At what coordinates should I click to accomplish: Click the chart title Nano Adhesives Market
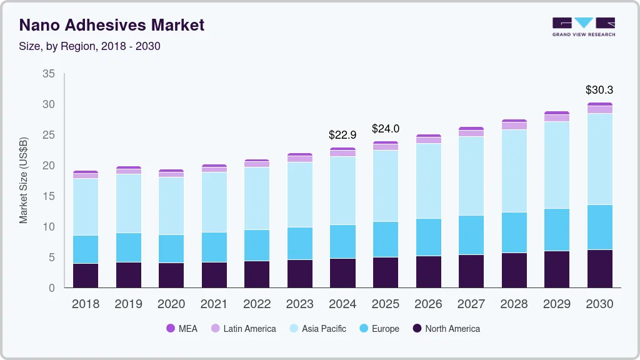pos(112,25)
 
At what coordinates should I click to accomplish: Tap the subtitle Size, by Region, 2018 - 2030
pos(89,46)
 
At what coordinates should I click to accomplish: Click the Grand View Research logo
pos(583,26)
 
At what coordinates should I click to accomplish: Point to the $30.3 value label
pos(599,90)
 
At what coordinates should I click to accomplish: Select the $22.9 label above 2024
pos(342,134)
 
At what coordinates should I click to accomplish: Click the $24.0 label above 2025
pos(385,129)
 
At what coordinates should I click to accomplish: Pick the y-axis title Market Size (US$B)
pos(24,180)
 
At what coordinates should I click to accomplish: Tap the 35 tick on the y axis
pos(48,74)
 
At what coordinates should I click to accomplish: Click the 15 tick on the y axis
pos(48,196)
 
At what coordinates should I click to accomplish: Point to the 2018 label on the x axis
pos(85,304)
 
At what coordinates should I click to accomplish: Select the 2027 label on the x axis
pos(471,304)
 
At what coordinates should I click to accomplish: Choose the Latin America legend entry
pos(243,328)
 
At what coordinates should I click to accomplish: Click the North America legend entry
pos(446,328)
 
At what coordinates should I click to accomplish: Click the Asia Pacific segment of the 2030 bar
pos(599,159)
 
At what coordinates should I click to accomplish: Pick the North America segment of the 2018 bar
pos(85,275)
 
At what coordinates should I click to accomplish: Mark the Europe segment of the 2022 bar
pos(257,245)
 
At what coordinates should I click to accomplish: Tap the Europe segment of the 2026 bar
pos(428,237)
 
